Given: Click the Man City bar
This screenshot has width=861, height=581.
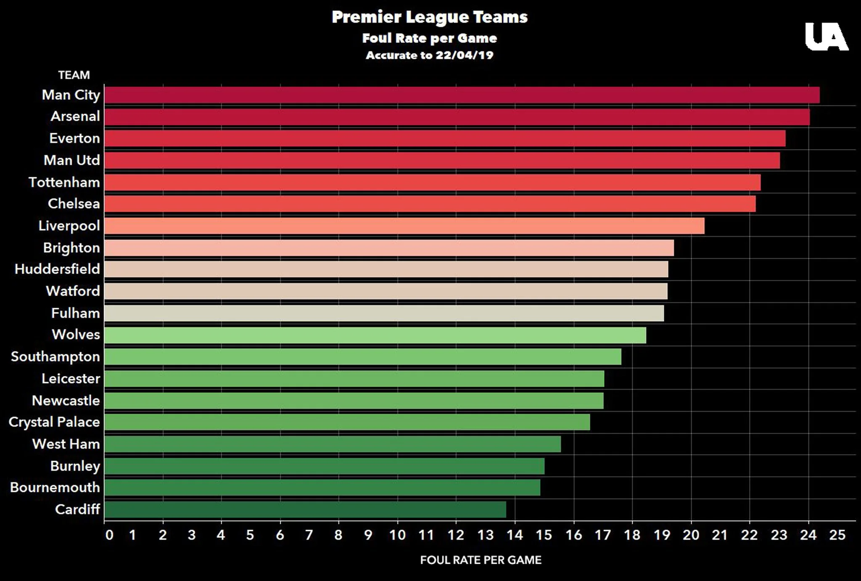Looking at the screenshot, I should coord(462,95).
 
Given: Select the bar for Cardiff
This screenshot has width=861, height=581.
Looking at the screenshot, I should coord(305,509).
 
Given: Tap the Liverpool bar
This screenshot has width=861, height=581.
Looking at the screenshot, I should coord(404,226).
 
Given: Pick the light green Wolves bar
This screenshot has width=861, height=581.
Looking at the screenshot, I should coord(375,335).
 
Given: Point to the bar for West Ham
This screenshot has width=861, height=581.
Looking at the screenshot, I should coord(333,444).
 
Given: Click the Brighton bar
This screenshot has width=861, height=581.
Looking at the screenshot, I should coord(389,248).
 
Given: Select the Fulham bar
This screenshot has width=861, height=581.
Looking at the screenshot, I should coord(384,313).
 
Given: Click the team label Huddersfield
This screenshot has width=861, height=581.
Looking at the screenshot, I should coord(58,269).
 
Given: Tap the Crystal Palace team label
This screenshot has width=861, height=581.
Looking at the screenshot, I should coord(54,422).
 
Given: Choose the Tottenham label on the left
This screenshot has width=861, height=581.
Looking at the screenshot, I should coord(64,182).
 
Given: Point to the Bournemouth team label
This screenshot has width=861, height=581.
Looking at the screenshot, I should coord(55,488).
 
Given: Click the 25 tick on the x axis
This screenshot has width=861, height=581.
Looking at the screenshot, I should coord(837,535).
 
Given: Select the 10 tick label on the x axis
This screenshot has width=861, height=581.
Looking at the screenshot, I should coord(397,535).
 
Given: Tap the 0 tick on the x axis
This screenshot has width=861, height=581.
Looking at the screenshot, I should coord(109,535).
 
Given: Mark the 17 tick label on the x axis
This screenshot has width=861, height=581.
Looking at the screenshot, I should coord(602,535).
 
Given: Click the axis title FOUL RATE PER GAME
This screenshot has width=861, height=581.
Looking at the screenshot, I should coord(481,560).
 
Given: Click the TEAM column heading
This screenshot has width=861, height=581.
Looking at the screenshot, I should coord(74,75).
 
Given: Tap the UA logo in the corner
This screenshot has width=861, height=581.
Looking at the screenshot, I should coord(826,37).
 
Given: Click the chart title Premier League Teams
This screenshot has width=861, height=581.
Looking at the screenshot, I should coord(429,17).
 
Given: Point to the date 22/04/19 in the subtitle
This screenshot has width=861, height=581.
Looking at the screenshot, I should coord(464,55).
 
